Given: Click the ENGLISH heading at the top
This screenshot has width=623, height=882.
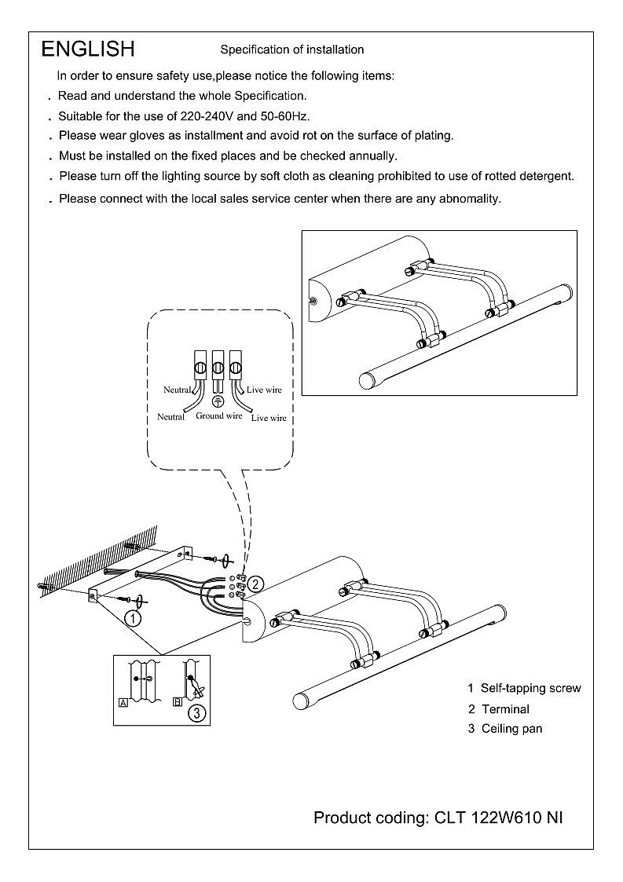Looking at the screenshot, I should (88, 49).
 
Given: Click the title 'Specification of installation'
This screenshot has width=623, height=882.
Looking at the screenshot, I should (291, 49).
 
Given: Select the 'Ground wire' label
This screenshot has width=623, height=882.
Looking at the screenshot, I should (219, 415).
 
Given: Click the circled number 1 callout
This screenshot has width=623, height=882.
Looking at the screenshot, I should (134, 618).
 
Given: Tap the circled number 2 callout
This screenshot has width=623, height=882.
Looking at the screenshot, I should (258, 584).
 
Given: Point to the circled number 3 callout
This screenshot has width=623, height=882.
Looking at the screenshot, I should (196, 713).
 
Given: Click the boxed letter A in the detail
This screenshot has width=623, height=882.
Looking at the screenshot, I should (123, 703).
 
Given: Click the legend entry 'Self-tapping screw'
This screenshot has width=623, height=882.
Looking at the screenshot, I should (531, 688).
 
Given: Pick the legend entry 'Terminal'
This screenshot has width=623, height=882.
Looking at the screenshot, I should (505, 708).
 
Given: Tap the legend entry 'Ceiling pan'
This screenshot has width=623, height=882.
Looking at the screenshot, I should (511, 729).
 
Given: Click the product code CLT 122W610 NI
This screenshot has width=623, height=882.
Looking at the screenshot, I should (498, 818).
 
